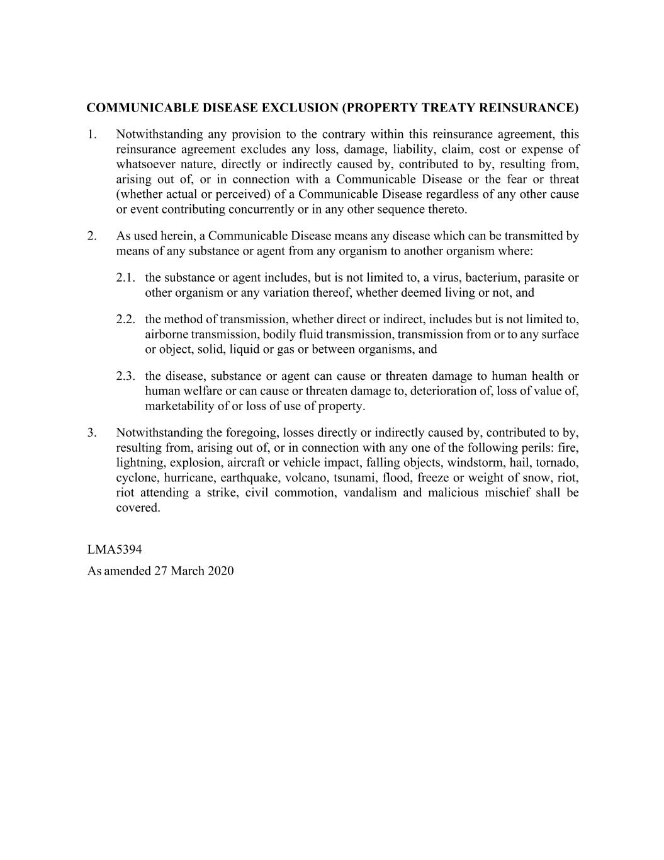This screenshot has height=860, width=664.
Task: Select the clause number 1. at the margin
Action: pos(92,134)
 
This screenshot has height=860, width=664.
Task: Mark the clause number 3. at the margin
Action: pos(92,433)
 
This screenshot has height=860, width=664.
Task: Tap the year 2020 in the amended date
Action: pos(220,571)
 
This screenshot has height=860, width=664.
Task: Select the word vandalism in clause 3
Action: pos(370,493)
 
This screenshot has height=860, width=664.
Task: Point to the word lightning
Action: pos(139,463)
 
